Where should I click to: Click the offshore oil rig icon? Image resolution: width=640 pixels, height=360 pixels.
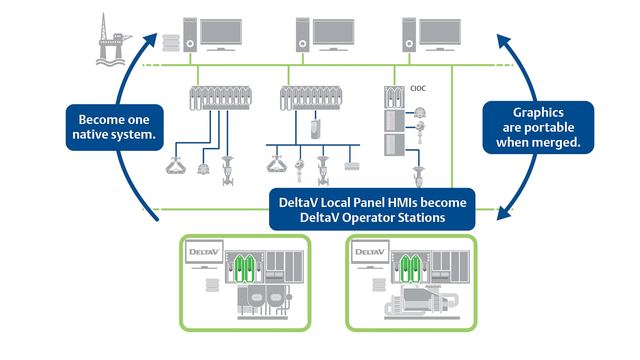(x=112, y=42)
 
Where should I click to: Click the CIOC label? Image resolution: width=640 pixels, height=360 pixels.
(x=418, y=88)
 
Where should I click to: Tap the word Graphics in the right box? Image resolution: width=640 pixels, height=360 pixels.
(x=538, y=113)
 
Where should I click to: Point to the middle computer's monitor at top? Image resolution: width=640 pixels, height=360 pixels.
(x=333, y=32)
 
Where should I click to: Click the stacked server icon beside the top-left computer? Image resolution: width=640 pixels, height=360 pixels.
(x=171, y=43)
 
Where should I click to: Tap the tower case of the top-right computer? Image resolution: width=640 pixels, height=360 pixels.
(x=409, y=35)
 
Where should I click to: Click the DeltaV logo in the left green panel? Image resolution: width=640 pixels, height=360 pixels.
(x=204, y=252)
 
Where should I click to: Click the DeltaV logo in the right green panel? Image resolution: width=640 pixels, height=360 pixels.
(x=370, y=252)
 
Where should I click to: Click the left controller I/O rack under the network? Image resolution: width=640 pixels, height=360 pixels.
(x=220, y=98)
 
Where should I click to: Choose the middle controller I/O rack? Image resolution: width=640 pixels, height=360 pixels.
(x=311, y=98)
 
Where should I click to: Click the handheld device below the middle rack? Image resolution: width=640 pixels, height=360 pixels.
(x=315, y=129)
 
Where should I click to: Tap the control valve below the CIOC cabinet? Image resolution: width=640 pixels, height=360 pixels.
(x=419, y=177)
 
